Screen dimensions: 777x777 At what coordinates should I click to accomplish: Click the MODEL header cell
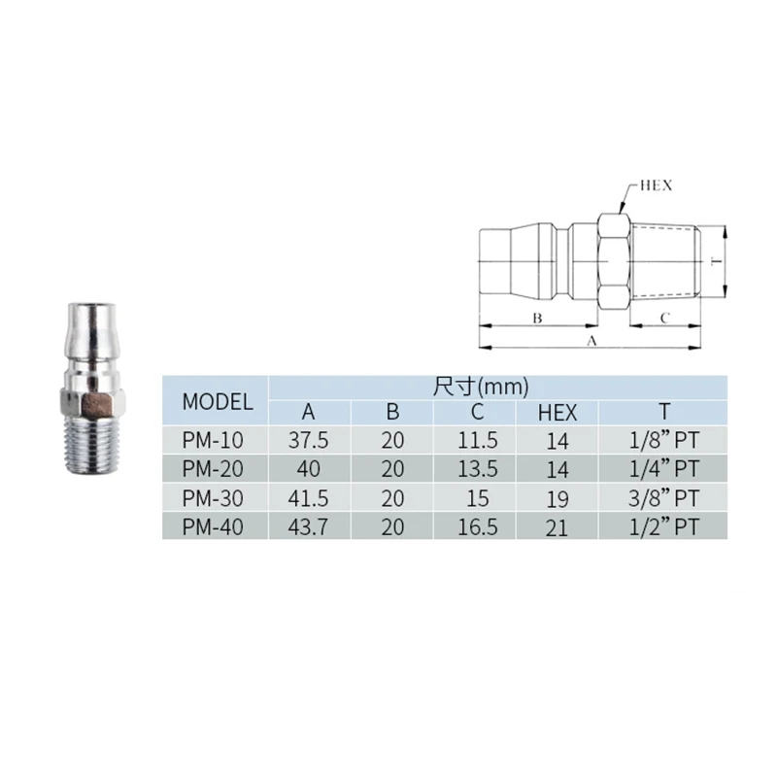pos(218,401)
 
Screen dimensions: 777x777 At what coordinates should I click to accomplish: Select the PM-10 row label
pos(213,440)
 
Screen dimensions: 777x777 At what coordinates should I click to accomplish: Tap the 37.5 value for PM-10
pos(308,440)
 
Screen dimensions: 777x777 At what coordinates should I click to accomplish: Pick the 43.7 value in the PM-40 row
pos(308,526)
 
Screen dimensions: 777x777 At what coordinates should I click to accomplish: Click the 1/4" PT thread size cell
pos(664,469)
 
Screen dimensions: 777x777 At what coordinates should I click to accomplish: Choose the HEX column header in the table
pos(557,412)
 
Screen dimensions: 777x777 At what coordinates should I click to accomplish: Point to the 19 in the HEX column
pos(557,499)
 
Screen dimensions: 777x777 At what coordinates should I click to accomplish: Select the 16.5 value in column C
pos(478,526)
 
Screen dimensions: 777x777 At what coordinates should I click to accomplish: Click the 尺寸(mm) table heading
pos(481,387)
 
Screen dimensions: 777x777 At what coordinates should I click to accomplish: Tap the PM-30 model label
pos(213,498)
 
